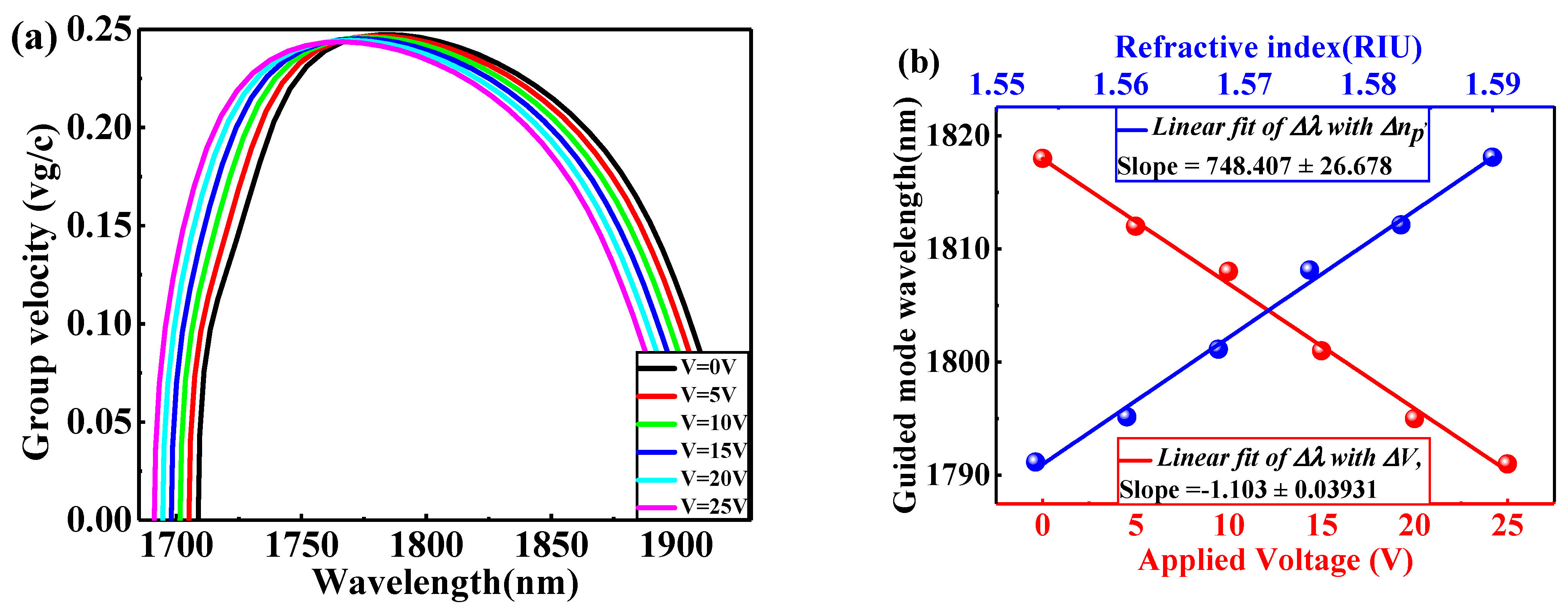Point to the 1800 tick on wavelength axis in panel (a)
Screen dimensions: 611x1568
click(426, 545)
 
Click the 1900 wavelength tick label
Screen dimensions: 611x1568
click(676, 545)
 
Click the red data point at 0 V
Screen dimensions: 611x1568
click(1043, 158)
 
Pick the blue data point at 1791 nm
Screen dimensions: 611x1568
click(1035, 462)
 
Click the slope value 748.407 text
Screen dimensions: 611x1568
click(1254, 166)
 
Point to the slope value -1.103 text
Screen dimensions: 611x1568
click(1248, 490)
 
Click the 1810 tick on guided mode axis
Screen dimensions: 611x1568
click(958, 248)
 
